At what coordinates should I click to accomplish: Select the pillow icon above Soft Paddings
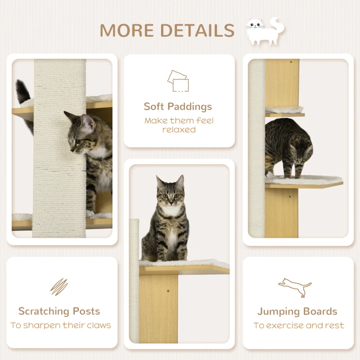[x=178, y=81]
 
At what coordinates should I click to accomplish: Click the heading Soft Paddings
[x=178, y=107]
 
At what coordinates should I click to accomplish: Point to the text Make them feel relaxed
[x=179, y=125]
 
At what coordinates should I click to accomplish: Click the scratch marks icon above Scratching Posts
[x=59, y=287]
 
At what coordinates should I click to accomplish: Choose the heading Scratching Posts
[x=59, y=311]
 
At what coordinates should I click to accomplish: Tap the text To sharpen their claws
[x=61, y=325]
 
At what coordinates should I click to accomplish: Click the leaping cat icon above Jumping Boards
[x=295, y=288]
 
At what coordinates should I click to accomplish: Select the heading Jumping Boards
[x=297, y=311]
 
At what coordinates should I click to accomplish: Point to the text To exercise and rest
[x=298, y=325]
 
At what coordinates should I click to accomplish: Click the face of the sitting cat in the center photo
[x=171, y=193]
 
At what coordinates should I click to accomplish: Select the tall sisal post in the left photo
[x=59, y=148]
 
